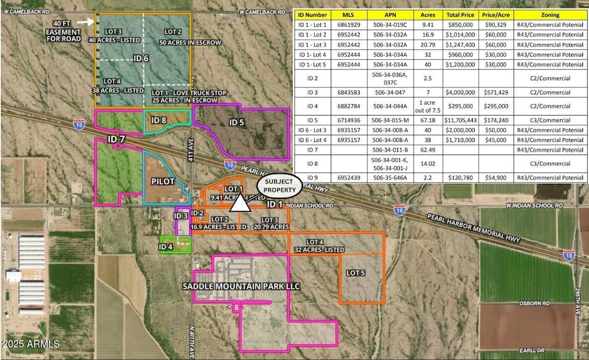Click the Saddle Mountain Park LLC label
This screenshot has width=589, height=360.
point(241,286)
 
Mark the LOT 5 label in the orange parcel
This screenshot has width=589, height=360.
point(356,273)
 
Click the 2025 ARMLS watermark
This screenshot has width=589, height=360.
point(31,344)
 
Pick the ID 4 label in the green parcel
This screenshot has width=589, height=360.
point(166,246)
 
